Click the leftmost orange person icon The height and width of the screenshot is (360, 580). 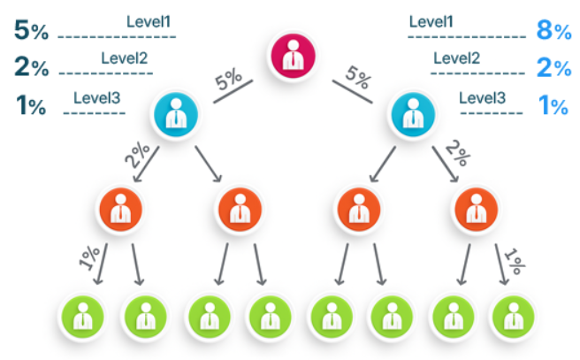pos(120,211)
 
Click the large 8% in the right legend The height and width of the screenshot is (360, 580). pos(553,31)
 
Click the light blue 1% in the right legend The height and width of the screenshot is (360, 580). pos(553,106)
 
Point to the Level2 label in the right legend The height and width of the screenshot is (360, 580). pos(456,58)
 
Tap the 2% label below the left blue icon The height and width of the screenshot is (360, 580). pos(138,157)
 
